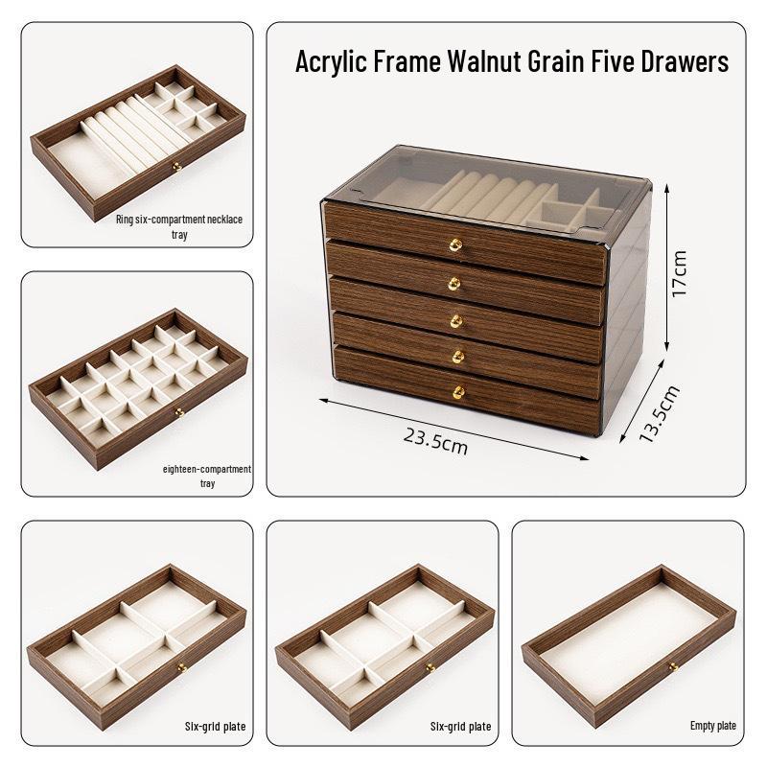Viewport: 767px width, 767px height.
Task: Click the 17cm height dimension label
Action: (x=680, y=274)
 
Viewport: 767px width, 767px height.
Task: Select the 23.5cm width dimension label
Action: (x=435, y=443)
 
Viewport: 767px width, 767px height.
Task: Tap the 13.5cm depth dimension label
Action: (x=659, y=413)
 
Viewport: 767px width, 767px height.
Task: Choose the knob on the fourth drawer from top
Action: (x=456, y=356)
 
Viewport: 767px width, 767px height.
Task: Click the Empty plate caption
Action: (x=713, y=726)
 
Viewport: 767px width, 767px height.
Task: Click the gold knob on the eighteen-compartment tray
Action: (x=179, y=412)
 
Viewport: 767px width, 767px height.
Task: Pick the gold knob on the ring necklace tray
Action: (x=175, y=169)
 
